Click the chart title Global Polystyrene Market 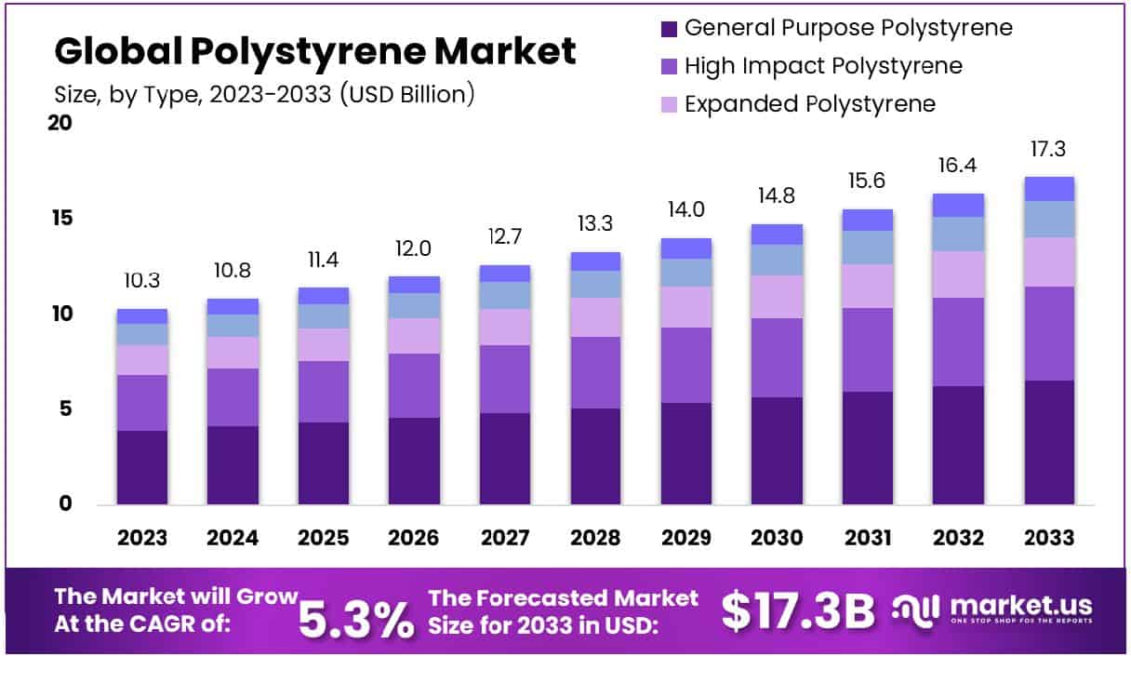point(315,51)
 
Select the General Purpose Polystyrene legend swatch point(669,28)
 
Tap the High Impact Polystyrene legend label point(822,66)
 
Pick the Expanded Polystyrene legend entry point(809,103)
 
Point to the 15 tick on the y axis point(61,219)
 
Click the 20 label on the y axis point(61,123)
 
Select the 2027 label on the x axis point(505,538)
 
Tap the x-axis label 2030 point(778,538)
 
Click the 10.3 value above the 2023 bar point(141,280)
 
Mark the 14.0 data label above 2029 point(686,210)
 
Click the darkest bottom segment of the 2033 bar point(1049,442)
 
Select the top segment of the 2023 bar point(141,316)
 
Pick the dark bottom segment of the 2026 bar point(414,461)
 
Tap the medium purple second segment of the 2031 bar point(868,350)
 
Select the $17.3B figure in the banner point(798,611)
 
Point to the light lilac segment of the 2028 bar point(595,317)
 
